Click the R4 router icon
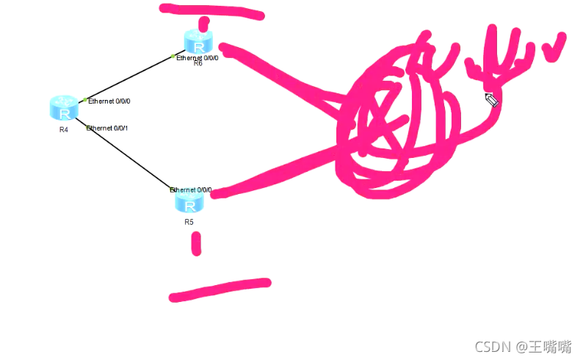[65, 108]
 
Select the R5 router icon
[189, 201]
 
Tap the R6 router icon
[198, 41]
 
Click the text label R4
[64, 130]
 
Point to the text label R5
[189, 221]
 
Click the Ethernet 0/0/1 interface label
[109, 129]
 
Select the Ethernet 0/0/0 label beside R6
[198, 57]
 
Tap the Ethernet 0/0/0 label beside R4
[109, 101]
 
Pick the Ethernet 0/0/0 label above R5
[191, 190]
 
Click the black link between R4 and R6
[128, 78]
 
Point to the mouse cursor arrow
[491, 99]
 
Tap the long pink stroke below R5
[220, 289]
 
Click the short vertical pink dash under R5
[196, 243]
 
